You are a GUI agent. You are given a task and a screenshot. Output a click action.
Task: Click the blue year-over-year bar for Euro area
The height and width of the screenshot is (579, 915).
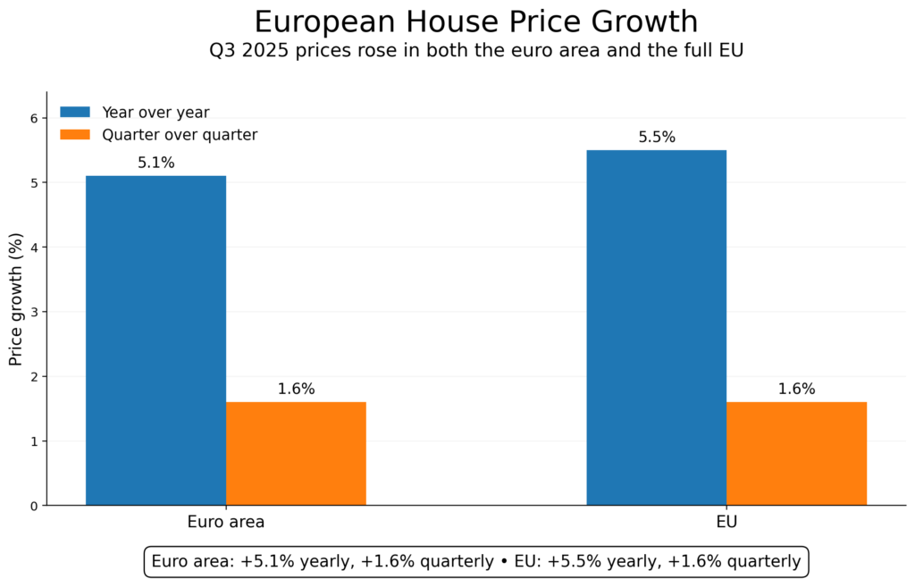tap(155, 340)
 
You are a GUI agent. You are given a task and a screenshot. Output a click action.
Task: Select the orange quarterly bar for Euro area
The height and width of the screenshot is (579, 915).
tap(296, 453)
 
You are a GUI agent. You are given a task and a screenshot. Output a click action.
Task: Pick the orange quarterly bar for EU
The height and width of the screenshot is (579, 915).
tap(796, 453)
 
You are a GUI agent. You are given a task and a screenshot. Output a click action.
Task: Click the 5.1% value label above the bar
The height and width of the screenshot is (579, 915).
tap(155, 163)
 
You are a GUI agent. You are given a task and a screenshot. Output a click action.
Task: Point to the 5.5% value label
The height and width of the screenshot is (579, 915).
tap(656, 138)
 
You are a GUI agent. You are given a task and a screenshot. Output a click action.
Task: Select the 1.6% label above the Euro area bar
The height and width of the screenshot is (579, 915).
tap(296, 389)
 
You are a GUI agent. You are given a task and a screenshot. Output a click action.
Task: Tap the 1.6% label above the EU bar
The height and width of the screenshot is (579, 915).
tap(796, 389)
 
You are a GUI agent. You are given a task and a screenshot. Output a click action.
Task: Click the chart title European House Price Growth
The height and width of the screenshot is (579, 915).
tap(475, 21)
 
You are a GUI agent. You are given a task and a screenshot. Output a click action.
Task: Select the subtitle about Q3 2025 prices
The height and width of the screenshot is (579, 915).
tap(475, 51)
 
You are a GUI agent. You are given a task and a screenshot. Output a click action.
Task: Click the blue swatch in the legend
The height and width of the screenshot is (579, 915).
tap(75, 113)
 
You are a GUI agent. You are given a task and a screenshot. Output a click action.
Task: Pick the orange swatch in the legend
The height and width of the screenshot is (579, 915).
tap(75, 135)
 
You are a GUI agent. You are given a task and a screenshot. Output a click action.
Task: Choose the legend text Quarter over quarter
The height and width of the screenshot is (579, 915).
tap(180, 135)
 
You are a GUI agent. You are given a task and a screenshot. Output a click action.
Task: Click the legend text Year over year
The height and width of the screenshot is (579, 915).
tap(155, 113)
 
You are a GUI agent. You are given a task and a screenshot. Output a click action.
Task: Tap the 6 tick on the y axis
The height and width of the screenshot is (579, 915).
tap(33, 118)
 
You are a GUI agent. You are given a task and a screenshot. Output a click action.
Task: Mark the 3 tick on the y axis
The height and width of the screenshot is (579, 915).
tap(33, 312)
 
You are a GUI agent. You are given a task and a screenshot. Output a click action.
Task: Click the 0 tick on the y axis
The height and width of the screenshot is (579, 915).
tap(33, 506)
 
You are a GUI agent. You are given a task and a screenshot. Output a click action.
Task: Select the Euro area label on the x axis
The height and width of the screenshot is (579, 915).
tap(225, 522)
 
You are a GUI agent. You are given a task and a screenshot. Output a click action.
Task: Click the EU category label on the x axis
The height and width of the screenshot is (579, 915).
tap(726, 522)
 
